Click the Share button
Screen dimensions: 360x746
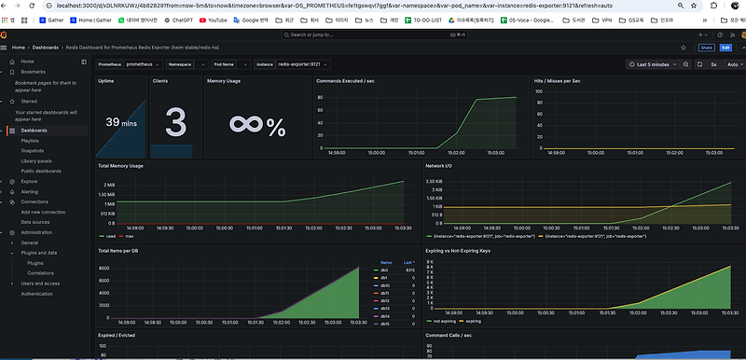point(706,48)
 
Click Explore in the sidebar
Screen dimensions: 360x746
point(29,181)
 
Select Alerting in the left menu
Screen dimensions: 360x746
point(30,191)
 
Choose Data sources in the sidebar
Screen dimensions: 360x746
point(35,222)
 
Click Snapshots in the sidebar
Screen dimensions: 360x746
point(34,150)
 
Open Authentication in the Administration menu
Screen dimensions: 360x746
point(37,294)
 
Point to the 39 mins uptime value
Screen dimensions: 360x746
point(121,122)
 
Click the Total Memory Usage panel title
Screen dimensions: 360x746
point(121,166)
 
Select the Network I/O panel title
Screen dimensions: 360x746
point(440,166)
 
